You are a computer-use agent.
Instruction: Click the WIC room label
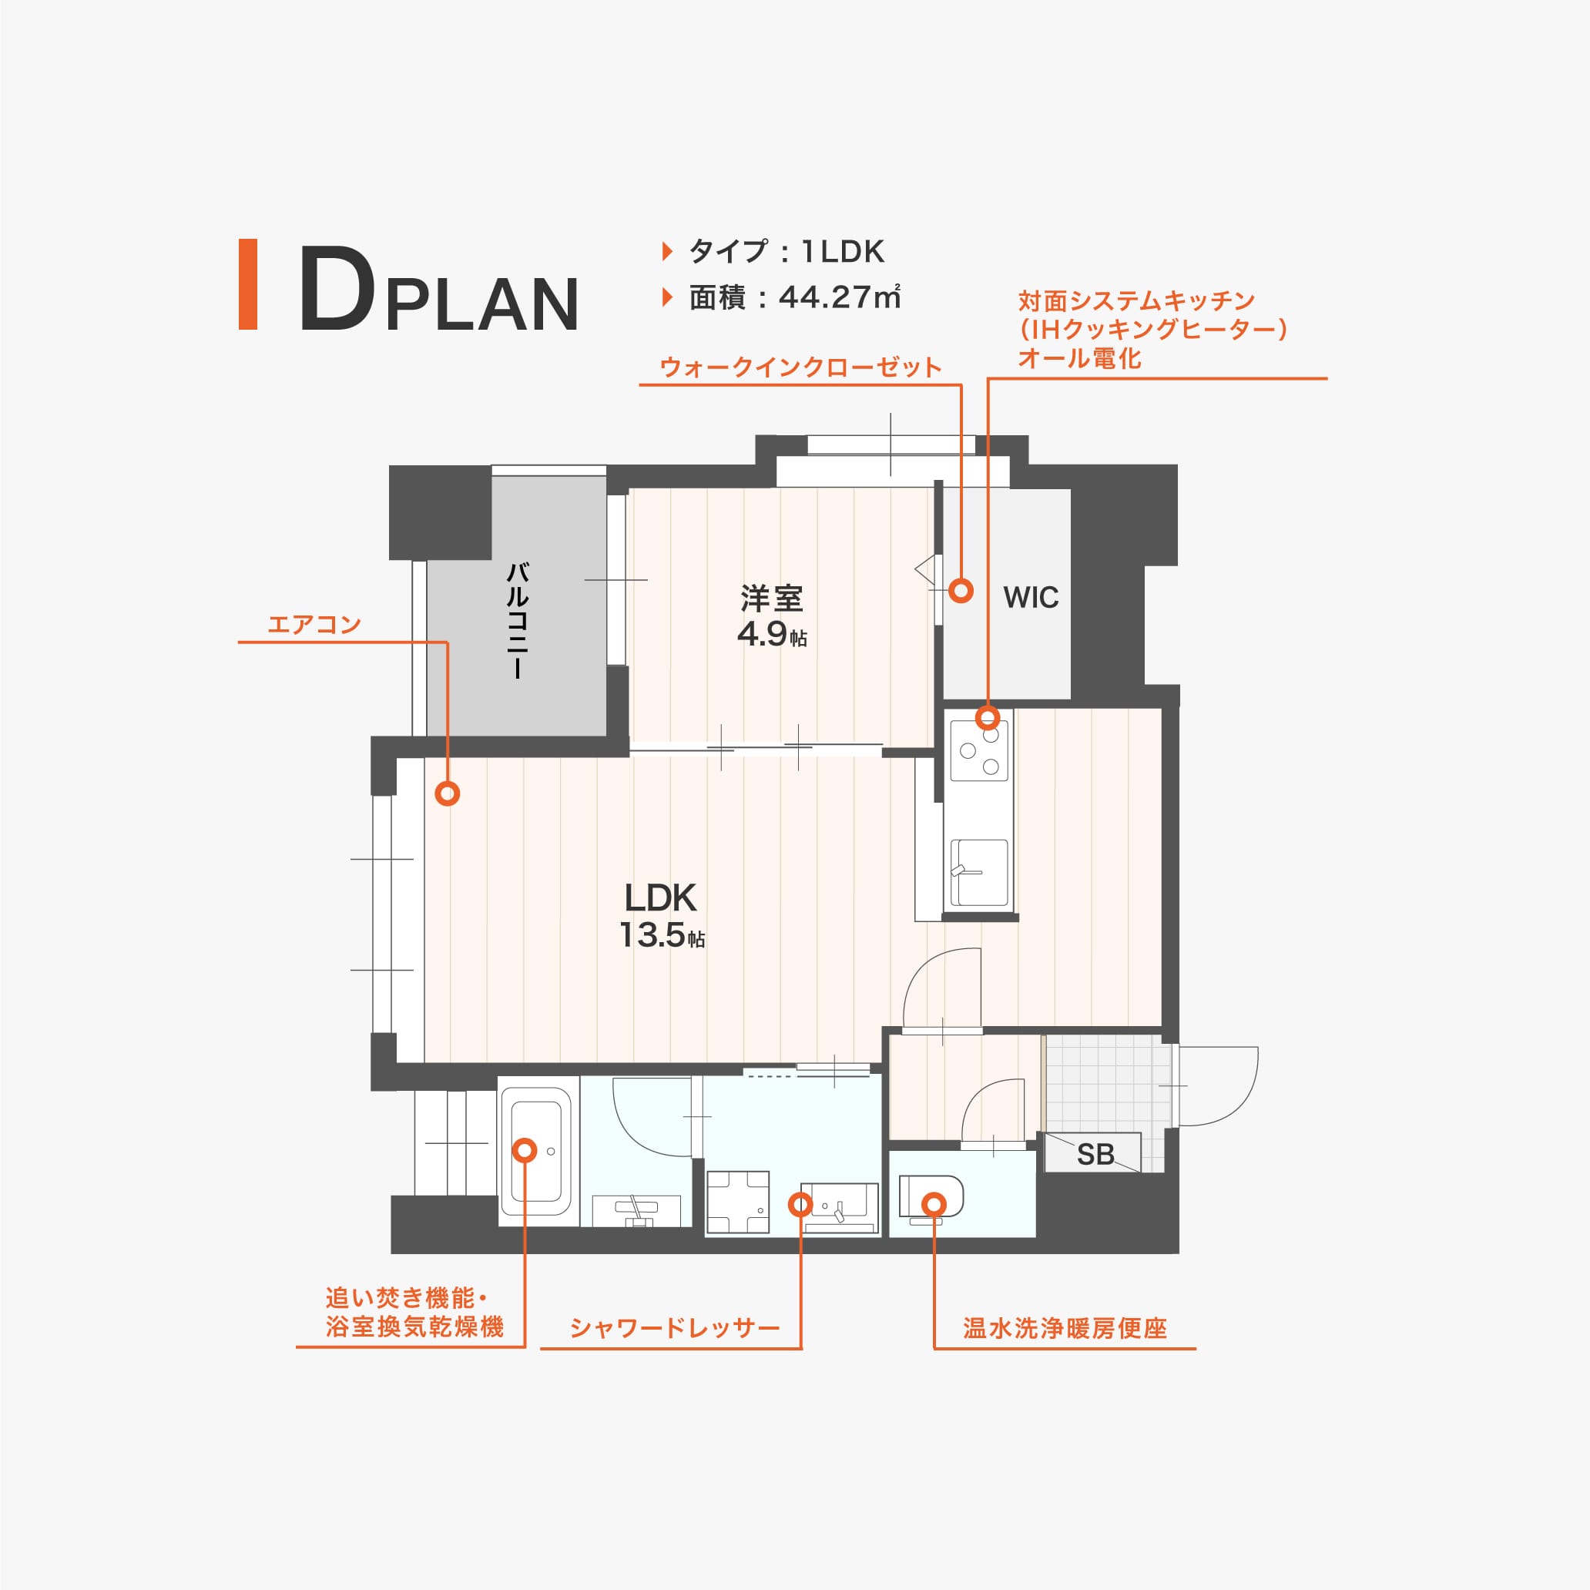coord(1031,598)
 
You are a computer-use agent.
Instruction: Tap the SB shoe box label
coord(1095,1155)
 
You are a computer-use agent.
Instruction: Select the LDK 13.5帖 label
coord(661,916)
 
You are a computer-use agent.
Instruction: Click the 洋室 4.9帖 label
coord(771,616)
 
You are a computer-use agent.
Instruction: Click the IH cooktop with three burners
coord(978,750)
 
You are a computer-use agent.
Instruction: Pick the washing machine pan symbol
coord(737,1203)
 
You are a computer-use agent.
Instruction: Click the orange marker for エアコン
coord(448,793)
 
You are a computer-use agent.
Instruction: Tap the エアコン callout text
coord(314,625)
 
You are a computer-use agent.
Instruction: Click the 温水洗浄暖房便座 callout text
coord(1065,1328)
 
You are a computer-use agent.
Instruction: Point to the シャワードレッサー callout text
coord(674,1328)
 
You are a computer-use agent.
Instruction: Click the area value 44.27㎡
coord(839,297)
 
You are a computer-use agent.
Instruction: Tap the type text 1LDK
coord(842,251)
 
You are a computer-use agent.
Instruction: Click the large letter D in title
coord(337,289)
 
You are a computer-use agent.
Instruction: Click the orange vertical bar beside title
coord(248,284)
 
